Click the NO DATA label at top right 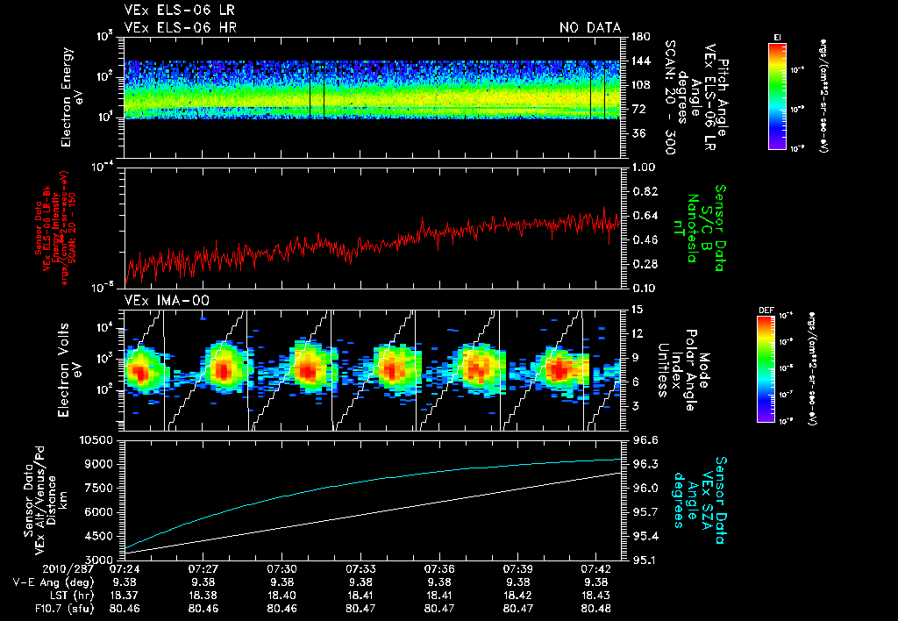pyautogui.click(x=589, y=28)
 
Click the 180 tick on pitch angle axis pyautogui.click(x=637, y=36)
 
